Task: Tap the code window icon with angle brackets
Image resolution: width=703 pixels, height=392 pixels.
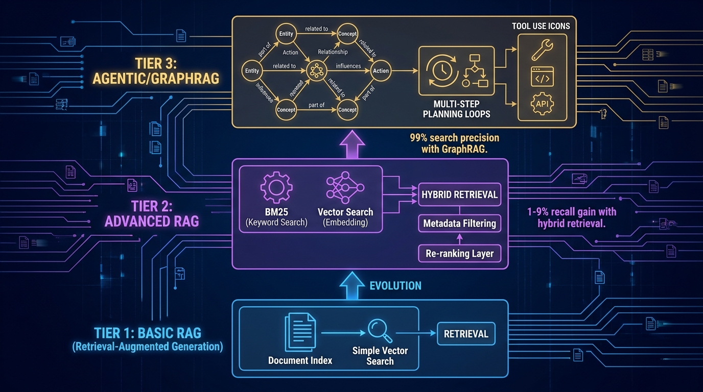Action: [542, 77]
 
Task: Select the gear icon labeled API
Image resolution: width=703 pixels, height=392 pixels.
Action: [542, 105]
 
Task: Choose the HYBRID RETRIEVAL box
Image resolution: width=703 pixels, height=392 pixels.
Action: [460, 195]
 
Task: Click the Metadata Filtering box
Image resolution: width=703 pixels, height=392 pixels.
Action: [460, 223]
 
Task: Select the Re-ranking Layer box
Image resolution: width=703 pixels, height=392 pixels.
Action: [460, 253]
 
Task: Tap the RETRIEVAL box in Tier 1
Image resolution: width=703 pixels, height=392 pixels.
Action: [466, 334]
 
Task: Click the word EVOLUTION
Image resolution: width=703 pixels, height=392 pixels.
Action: [396, 285]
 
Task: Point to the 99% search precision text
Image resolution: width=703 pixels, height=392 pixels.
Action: [454, 143]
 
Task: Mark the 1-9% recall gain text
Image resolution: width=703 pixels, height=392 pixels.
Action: [571, 217]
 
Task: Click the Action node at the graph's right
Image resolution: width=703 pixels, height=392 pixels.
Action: [381, 71]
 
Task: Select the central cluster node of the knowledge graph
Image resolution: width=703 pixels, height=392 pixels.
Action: [315, 71]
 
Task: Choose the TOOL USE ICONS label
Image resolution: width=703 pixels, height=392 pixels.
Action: [541, 26]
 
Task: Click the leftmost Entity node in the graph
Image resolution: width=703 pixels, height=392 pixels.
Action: [252, 71]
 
